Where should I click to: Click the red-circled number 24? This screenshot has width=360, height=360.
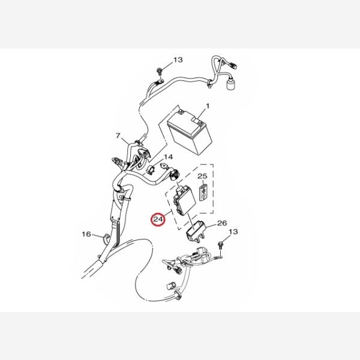pyautogui.click(x=158, y=220)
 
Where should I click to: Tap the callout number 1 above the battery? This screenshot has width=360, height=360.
pyautogui.click(x=208, y=106)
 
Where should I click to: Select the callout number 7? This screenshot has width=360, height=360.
pyautogui.click(x=118, y=136)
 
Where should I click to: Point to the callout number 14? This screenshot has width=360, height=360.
pyautogui.click(x=168, y=157)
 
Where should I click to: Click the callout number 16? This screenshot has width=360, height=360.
pyautogui.click(x=86, y=234)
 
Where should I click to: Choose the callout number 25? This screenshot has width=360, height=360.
pyautogui.click(x=202, y=176)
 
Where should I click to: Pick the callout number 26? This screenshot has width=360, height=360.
pyautogui.click(x=222, y=223)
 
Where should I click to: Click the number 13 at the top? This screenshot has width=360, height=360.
pyautogui.click(x=178, y=60)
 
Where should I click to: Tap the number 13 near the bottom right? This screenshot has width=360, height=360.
pyautogui.click(x=233, y=232)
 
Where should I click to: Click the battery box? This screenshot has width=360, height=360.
pyautogui.click(x=190, y=133)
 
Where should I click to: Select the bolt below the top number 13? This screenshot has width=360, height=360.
pyautogui.click(x=159, y=71)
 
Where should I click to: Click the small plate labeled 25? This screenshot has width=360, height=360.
pyautogui.click(x=203, y=192)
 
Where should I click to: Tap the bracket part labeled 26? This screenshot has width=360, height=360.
pyautogui.click(x=194, y=232)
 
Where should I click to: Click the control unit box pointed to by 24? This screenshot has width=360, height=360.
pyautogui.click(x=185, y=199)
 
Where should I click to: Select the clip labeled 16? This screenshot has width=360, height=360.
pyautogui.click(x=106, y=238)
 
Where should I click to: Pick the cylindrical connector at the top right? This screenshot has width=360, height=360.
pyautogui.click(x=230, y=84)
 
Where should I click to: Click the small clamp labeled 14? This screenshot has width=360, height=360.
pyautogui.click(x=151, y=170)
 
